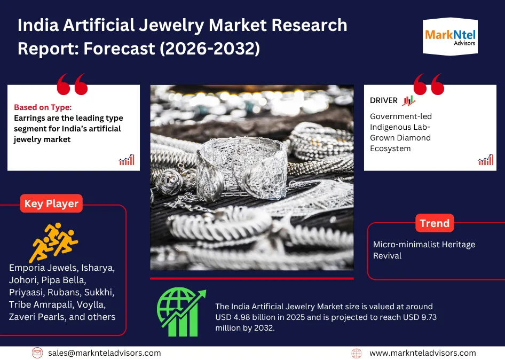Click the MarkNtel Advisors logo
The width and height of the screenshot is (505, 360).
click(450, 36)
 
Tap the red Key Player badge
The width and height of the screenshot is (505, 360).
click(51, 204)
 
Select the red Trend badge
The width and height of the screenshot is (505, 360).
click(435, 223)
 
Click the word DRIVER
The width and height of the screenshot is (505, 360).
click(384, 100)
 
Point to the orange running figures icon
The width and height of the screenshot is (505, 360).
click(54, 242)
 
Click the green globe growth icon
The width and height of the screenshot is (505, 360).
click(182, 312)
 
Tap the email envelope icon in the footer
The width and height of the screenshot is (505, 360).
click(37, 353)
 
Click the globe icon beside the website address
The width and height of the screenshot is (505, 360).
click(357, 353)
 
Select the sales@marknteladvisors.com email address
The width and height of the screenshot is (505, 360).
click(104, 353)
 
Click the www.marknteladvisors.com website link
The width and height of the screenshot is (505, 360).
click(423, 353)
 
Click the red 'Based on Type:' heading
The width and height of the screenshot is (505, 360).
click(43, 107)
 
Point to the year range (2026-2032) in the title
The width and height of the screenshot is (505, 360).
click(210, 49)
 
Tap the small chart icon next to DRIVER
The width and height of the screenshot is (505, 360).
click(409, 100)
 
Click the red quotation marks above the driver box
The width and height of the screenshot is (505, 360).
click(429, 84)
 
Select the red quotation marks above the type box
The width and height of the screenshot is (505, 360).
click(72, 84)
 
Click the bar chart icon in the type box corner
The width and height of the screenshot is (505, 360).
click(127, 160)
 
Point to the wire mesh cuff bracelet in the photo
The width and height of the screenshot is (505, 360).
click(241, 168)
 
